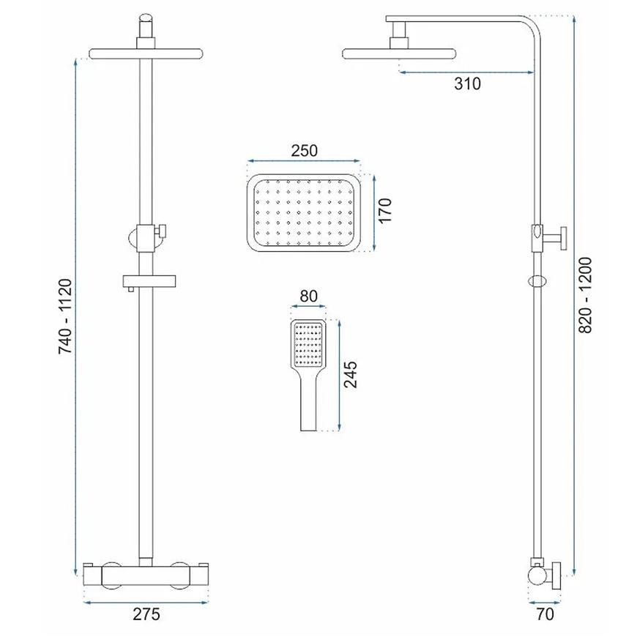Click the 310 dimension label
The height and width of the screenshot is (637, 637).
click(467, 83)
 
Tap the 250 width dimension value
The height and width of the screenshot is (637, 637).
click(305, 151)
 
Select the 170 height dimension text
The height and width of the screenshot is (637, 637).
click(384, 210)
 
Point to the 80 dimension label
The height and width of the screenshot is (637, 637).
click(308, 296)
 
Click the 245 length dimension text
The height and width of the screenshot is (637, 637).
click(350, 374)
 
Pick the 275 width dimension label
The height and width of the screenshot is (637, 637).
click(146, 614)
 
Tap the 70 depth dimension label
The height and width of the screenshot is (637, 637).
click(545, 614)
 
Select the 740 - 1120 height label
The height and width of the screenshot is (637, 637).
click(65, 316)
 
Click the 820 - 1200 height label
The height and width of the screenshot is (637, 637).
click(586, 295)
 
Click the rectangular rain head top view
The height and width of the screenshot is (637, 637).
click(304, 213)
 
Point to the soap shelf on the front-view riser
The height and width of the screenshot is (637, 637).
click(149, 281)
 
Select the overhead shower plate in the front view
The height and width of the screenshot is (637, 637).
click(146, 54)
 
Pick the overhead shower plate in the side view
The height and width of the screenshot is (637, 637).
click(399, 54)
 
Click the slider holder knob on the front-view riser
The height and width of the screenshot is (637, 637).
click(163, 231)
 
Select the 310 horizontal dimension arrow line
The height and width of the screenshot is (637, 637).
click(466, 72)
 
